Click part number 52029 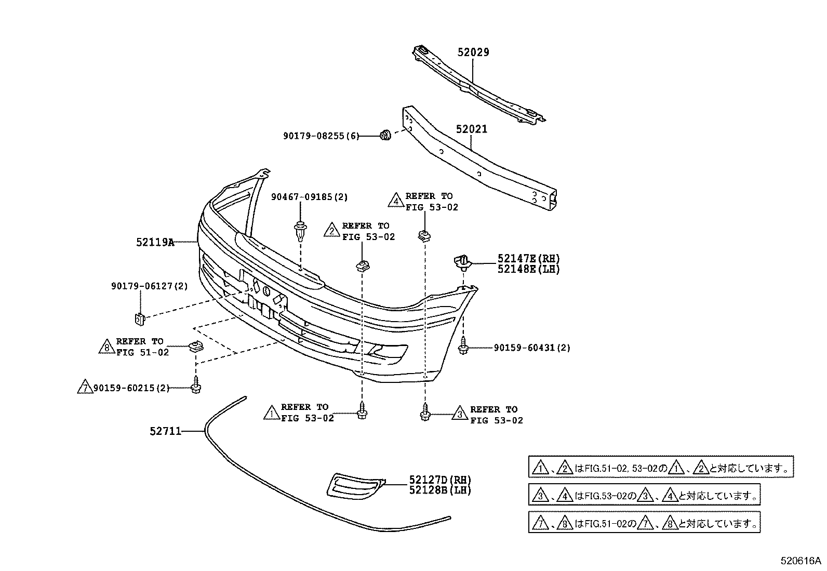(473, 52)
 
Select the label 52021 (472, 129)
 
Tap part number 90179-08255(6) (321, 136)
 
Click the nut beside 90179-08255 (385, 136)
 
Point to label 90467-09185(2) (309, 197)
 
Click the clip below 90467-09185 (300, 231)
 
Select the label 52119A (155, 242)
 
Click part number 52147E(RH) (529, 258)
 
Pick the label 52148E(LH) (529, 269)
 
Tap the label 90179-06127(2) (149, 286)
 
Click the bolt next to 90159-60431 (462, 347)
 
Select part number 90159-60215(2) (131, 388)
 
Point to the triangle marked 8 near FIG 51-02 (106, 347)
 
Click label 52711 (165, 431)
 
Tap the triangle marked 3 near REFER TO (460, 414)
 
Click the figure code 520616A (801, 561)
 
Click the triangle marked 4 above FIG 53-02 (396, 201)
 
